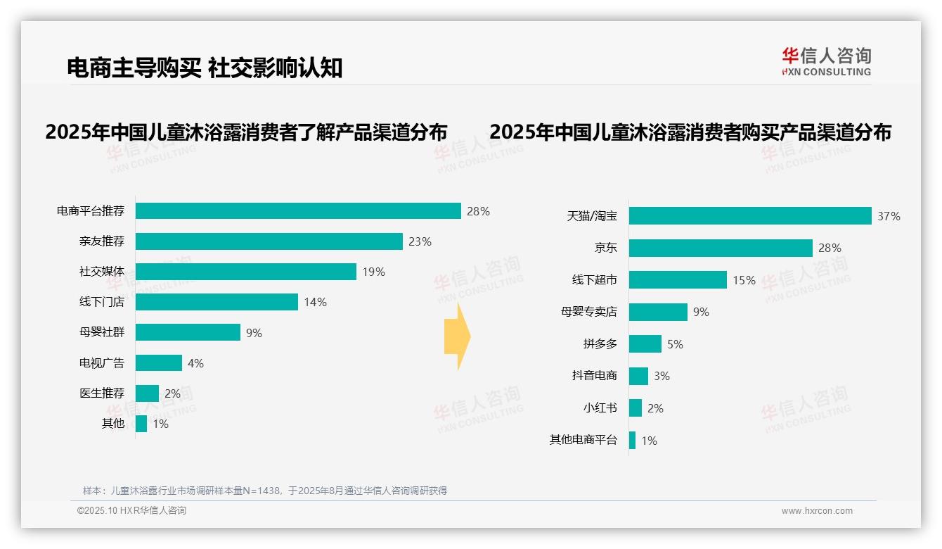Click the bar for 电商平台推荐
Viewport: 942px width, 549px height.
[298, 211]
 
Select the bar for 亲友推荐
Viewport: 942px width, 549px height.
[269, 241]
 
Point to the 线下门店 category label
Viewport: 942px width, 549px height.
[102, 302]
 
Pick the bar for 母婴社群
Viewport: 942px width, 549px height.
[188, 332]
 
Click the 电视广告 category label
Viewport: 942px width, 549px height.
[102, 363]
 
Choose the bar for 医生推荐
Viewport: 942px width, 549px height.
[147, 393]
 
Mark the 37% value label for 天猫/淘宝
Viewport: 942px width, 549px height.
[889, 216]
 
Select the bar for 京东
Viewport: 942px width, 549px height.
[721, 248]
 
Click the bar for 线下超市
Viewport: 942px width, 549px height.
[678, 280]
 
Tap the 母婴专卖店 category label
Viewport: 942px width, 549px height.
[589, 312]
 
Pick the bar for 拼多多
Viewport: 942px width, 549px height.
[645, 344]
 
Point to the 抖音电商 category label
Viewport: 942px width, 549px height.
[595, 376]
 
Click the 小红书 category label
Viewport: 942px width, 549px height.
[600, 408]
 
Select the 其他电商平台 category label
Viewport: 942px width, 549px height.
[583, 441]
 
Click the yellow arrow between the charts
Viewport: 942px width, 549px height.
[458, 337]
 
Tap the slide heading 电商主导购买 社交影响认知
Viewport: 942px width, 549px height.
[205, 68]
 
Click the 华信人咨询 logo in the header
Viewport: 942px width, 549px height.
[827, 61]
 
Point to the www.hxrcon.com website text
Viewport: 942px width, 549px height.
[817, 511]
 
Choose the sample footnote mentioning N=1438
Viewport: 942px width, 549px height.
[265, 491]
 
